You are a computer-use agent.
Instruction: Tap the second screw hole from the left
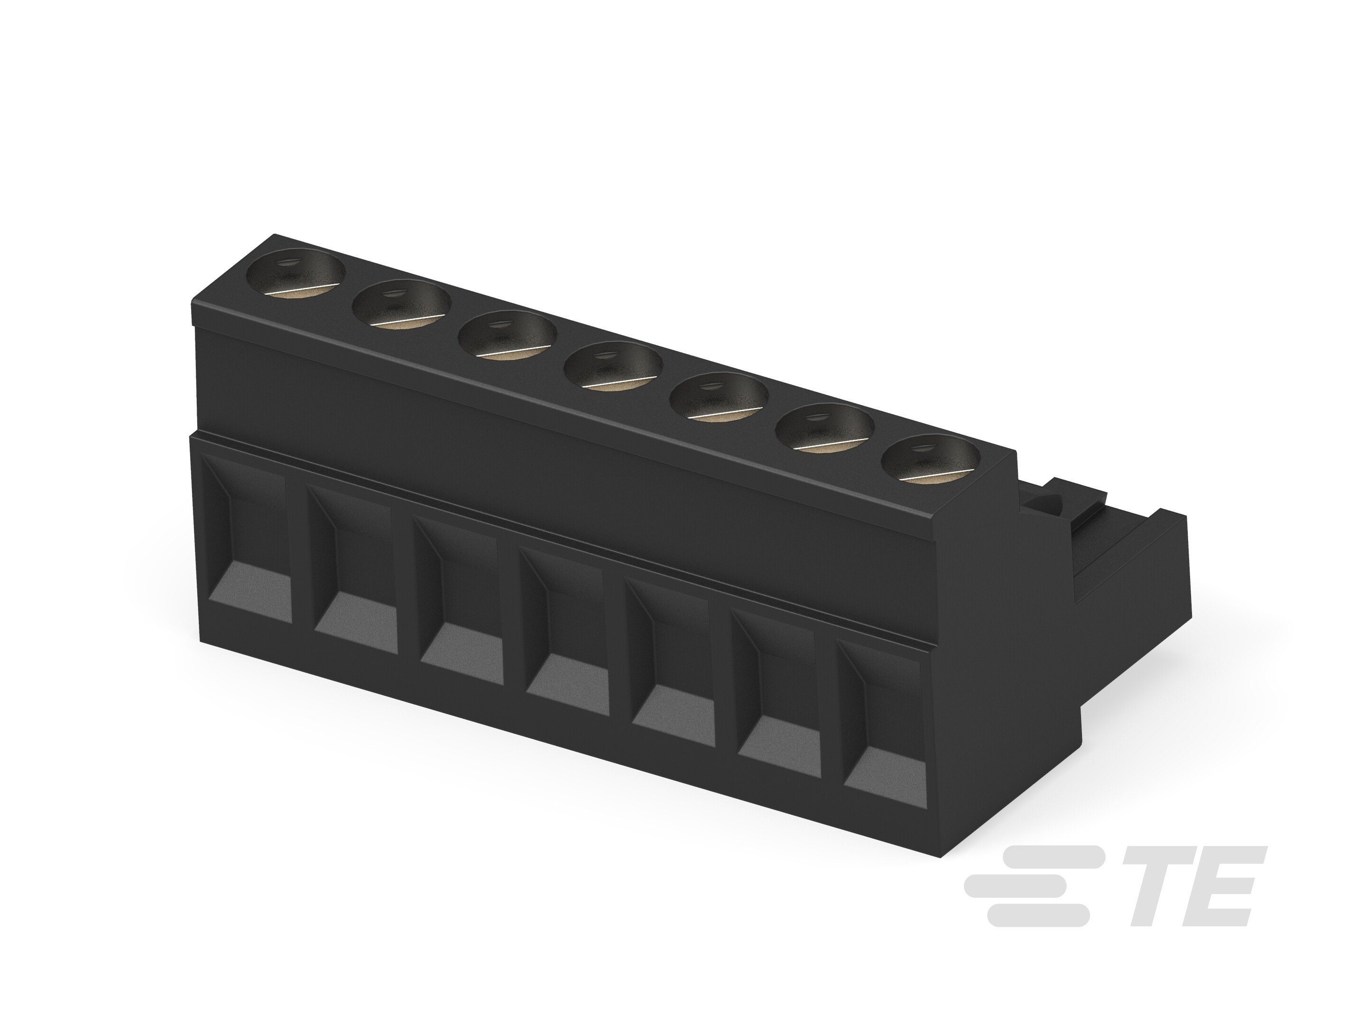(x=401, y=305)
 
